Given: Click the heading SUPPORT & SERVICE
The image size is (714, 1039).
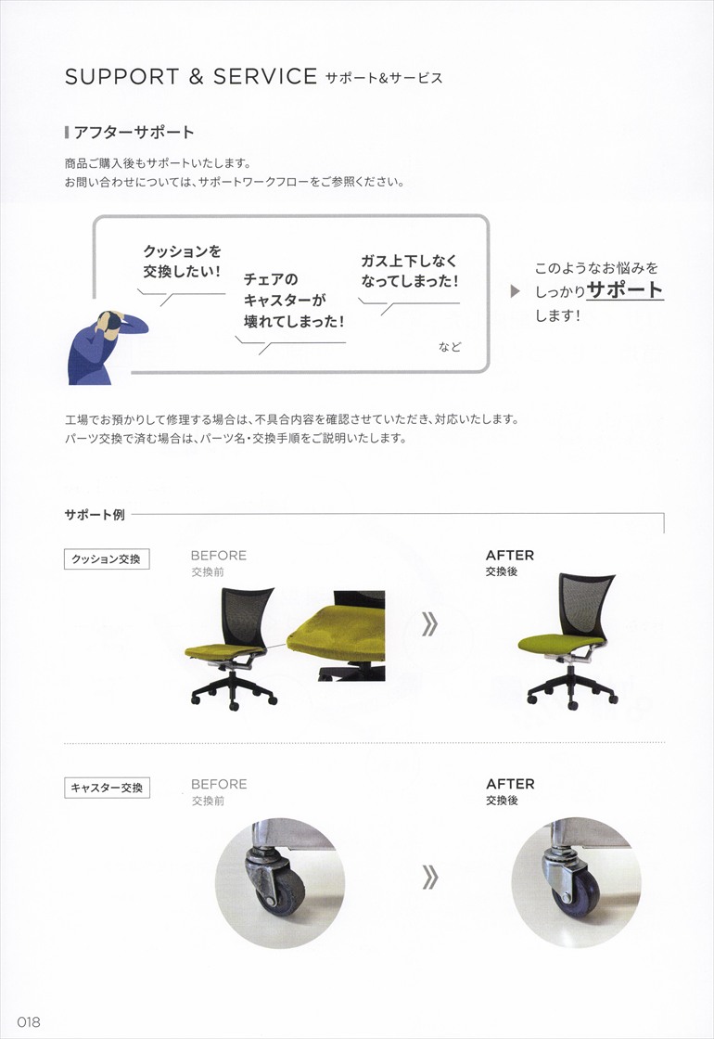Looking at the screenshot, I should pos(191,77).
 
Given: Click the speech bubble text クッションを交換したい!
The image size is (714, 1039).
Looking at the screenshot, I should pos(182,261).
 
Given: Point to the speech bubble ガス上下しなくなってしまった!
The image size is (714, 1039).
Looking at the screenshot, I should pos(409,271).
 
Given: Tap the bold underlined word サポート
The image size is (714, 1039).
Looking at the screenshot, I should pos(625,289).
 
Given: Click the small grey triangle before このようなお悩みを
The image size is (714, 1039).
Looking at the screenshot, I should pos(516,291).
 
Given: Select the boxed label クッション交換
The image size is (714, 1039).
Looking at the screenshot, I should pos(107,559).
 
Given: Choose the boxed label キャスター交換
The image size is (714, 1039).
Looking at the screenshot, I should pos(107,789).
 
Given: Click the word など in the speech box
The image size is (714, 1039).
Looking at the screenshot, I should pos(450,347).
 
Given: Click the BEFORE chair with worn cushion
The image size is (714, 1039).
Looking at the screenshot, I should pos(231,649).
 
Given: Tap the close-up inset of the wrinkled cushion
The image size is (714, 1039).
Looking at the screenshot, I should pos(336,635).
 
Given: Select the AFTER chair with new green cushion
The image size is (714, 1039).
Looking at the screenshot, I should pos(565,640).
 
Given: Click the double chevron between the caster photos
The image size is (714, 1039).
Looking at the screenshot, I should pos(428,877).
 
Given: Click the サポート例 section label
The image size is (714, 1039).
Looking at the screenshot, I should pos(95,515).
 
